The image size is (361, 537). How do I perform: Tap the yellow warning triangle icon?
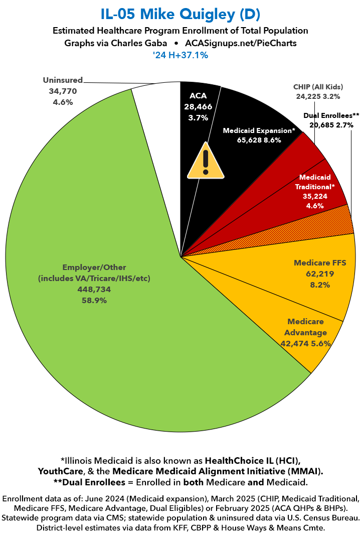205,161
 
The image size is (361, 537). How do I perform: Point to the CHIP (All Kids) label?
317,86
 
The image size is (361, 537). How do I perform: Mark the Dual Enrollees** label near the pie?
331,115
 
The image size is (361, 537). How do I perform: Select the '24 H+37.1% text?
180,55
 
